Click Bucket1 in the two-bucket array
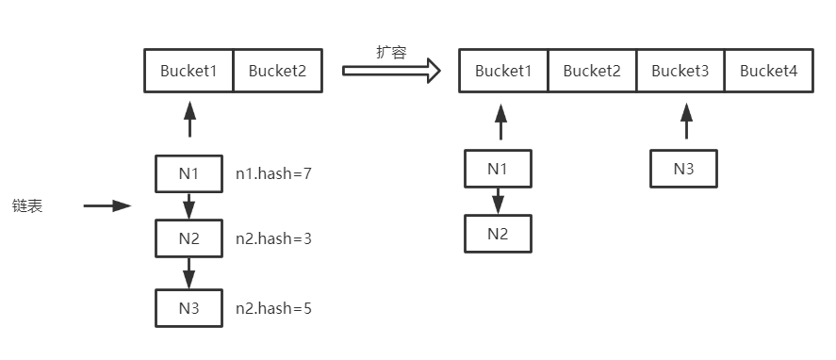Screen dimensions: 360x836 coord(189,71)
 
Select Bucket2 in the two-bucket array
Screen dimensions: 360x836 coord(278,71)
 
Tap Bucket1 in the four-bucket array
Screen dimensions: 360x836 coord(503,71)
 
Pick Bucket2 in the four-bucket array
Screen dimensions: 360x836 coord(592,71)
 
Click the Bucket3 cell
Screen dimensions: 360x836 coord(680,71)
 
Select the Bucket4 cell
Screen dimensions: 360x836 coord(769,71)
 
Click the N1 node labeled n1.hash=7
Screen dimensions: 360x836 coord(189,173)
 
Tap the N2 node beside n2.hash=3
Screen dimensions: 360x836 coord(189,238)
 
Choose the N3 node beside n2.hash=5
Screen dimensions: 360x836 coord(189,308)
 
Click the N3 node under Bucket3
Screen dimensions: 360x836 coord(684,169)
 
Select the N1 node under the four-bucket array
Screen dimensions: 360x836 coord(498,169)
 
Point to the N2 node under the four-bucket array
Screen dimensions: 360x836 coord(498,234)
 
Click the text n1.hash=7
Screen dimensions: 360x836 coord(273,173)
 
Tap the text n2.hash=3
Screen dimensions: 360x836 coord(273,239)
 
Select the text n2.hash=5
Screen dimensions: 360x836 coord(273,308)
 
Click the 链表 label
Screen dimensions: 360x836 coord(27,206)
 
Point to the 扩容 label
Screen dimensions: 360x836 coord(391,53)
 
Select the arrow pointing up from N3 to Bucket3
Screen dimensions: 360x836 coord(687,123)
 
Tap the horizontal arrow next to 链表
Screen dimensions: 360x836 coord(107,206)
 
